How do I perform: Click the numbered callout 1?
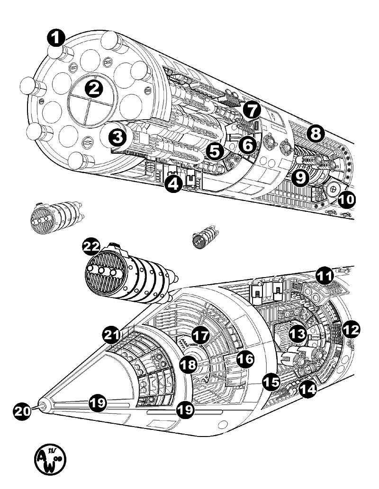[x=56, y=38]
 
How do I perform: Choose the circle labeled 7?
[x=252, y=110]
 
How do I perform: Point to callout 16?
[x=244, y=360]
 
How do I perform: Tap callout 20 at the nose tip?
[x=21, y=410]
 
